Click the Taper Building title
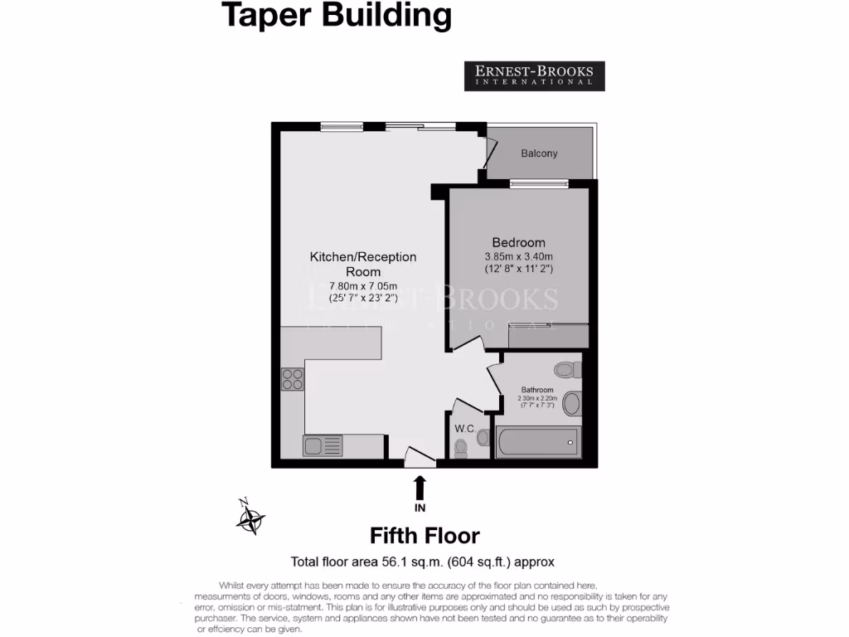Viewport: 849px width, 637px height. (x=337, y=15)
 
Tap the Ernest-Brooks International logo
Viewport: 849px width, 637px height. (x=534, y=75)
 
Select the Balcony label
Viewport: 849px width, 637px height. (x=539, y=153)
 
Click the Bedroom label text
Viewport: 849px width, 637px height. (x=518, y=242)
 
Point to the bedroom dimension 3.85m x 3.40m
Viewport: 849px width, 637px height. (x=518, y=255)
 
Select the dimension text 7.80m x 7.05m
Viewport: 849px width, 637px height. (x=363, y=286)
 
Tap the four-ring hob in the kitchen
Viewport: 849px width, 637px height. (x=293, y=379)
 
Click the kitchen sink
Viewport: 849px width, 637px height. (x=323, y=445)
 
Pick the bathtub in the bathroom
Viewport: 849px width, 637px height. (x=537, y=441)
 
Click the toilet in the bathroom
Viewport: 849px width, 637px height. (x=567, y=369)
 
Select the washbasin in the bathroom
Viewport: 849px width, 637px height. (x=571, y=405)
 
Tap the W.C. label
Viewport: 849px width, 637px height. (x=464, y=429)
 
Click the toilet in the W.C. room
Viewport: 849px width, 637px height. (x=462, y=447)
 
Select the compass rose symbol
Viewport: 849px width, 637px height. (x=250, y=518)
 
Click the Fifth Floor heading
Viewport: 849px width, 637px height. (x=424, y=535)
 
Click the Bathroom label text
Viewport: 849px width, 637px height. (x=537, y=390)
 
